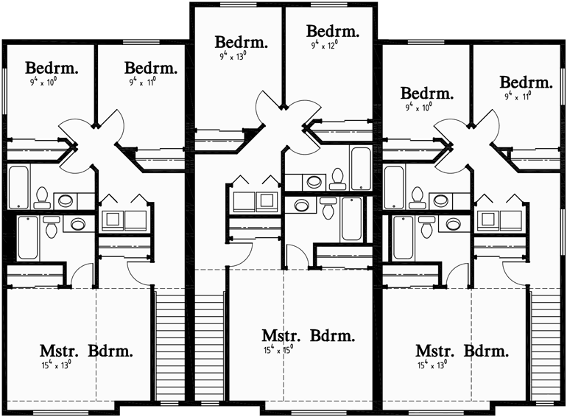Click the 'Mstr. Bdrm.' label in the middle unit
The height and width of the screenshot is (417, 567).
[x=309, y=336]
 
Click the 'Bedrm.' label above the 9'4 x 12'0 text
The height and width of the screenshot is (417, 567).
[x=333, y=32]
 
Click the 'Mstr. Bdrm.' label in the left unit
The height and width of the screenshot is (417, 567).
[x=87, y=351]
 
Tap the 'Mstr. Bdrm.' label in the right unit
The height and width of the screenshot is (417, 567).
[x=462, y=351]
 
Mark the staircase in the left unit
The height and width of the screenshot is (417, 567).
[x=169, y=346]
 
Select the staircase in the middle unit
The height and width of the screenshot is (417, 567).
[x=209, y=346]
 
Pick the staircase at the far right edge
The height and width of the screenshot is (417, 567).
[x=546, y=346]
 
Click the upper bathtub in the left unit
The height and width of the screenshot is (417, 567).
[x=19, y=186]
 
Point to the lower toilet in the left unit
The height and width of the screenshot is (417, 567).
[x=51, y=226]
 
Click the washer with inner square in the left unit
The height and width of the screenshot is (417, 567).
[x=113, y=219]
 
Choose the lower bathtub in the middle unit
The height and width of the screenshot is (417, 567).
[x=351, y=219]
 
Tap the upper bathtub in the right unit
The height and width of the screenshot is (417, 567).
[x=394, y=186]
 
